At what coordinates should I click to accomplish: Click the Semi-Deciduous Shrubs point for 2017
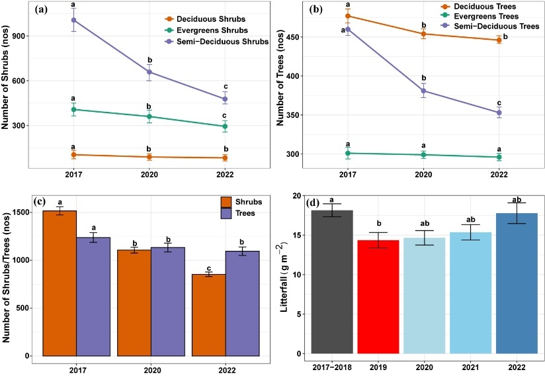73,20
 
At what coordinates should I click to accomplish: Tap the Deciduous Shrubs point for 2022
225,158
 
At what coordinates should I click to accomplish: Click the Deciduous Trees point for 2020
423,34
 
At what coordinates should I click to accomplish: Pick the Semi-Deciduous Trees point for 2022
499,113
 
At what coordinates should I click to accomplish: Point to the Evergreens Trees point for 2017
348,153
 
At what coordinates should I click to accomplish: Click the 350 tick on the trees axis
283,115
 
